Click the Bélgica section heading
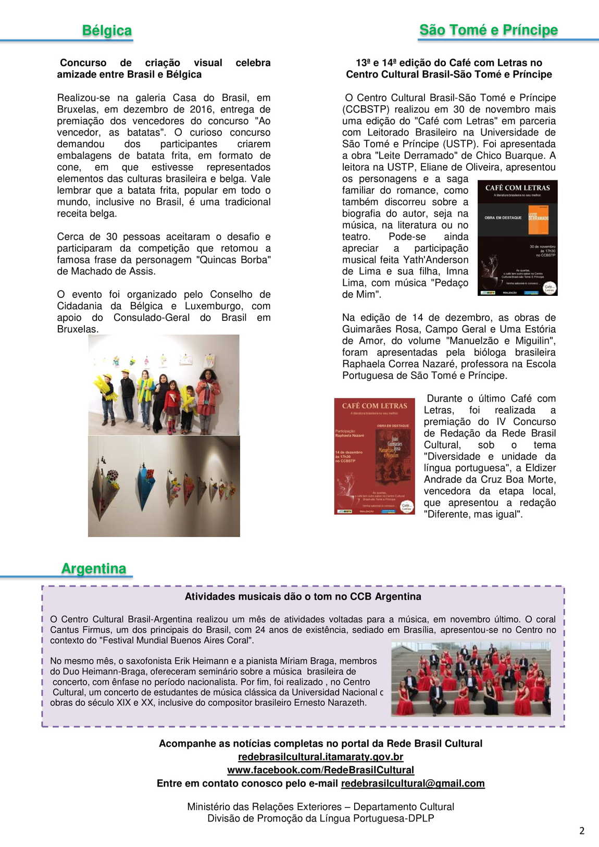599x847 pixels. point(107,30)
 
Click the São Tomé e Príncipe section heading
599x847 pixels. point(488,30)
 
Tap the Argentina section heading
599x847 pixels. point(94,568)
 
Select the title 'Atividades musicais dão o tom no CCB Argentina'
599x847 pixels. point(303,596)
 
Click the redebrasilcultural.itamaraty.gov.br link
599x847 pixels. point(320,756)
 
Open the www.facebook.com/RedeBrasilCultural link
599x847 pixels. point(320,770)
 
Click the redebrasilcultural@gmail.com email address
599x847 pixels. point(413,783)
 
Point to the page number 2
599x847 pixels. point(582,830)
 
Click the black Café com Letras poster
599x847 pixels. point(517,238)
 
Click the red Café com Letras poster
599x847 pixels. point(375,456)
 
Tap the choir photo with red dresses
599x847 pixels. point(471,679)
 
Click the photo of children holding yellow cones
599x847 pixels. point(164,385)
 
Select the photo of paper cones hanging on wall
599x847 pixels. point(164,486)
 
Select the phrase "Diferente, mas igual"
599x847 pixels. point(473,514)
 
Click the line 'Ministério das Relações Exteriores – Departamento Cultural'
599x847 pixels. point(320,806)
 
